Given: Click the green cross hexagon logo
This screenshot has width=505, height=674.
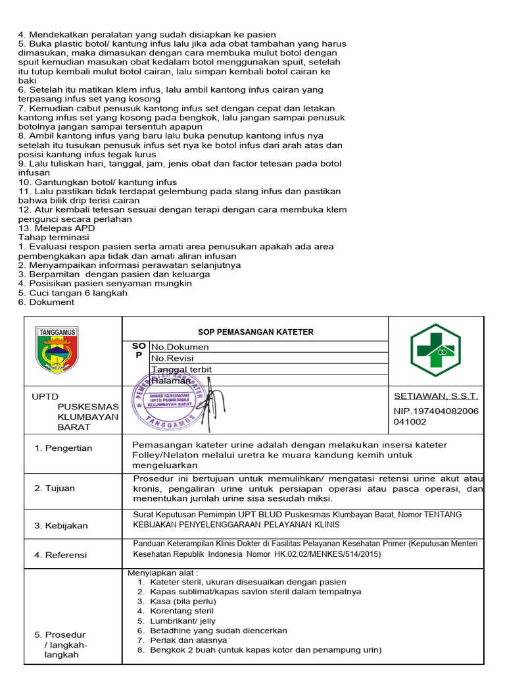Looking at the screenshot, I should [x=436, y=350].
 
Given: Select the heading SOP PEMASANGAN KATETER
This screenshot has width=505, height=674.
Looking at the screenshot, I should [x=256, y=332].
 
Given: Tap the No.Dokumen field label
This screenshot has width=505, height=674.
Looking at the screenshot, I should [x=180, y=347].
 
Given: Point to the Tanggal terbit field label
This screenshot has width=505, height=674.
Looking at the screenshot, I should [x=181, y=369].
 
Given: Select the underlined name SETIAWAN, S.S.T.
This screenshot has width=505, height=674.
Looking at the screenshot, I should [x=435, y=396].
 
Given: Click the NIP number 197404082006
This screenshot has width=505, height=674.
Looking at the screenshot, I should [x=435, y=411].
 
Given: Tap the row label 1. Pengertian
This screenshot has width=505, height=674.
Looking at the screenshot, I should [x=64, y=448].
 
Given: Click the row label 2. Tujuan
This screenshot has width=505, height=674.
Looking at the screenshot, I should [x=55, y=488].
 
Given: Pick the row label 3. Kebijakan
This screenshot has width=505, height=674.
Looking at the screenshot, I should [x=61, y=526].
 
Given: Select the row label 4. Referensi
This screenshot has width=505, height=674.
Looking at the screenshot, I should [x=60, y=555].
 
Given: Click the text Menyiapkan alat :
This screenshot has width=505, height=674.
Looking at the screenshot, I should [x=155, y=573].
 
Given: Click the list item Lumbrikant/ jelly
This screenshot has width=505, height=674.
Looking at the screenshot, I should [x=182, y=621].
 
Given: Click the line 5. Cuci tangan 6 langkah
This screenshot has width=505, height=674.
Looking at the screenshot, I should [x=72, y=293].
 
